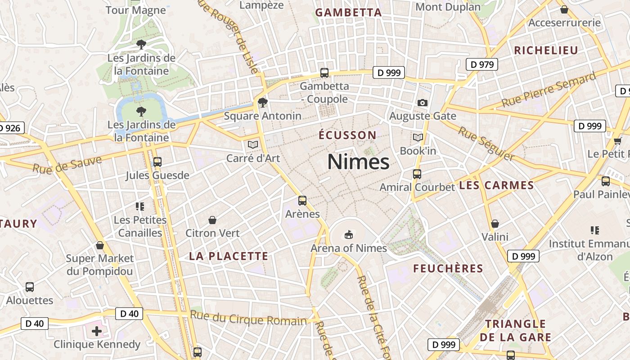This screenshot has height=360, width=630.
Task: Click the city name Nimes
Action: point(358,162)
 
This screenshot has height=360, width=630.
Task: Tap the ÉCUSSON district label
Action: point(347,135)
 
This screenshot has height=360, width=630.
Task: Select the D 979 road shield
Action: point(482,64)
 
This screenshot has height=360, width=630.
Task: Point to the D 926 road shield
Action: point(10,128)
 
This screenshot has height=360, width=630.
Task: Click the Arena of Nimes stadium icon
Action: point(348,234)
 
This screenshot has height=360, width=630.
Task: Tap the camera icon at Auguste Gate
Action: point(422,103)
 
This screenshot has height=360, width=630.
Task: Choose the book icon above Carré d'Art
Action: point(253,144)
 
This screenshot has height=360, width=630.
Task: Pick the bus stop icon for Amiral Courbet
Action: point(417,174)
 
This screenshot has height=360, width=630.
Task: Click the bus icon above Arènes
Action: point(302,201)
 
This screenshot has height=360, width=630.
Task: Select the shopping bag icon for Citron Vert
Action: point(212,220)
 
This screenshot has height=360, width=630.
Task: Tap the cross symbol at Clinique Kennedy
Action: point(97,331)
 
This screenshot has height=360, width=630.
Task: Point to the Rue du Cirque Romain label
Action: point(248,318)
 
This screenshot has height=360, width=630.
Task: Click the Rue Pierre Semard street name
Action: point(549,90)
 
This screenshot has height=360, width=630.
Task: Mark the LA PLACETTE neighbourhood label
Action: point(229,256)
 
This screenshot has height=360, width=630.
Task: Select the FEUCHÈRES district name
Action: point(448,269)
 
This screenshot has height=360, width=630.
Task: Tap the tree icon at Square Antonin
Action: point(262,103)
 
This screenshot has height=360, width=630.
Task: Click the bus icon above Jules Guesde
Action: point(157,162)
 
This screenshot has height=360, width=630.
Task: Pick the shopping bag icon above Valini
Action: point(495,224)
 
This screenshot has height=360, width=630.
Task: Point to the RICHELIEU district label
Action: point(546,50)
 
